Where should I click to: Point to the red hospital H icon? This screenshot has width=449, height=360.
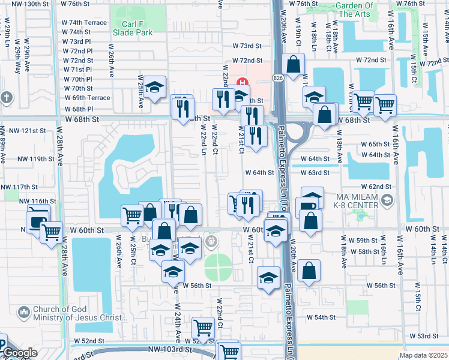point(243,82)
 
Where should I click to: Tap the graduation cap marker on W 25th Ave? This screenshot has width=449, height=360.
point(154,89)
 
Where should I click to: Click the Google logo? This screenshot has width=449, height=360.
point(20,353)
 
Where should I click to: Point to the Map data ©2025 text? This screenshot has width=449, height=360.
point(423,355)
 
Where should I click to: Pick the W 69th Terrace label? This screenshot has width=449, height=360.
point(87,97)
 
